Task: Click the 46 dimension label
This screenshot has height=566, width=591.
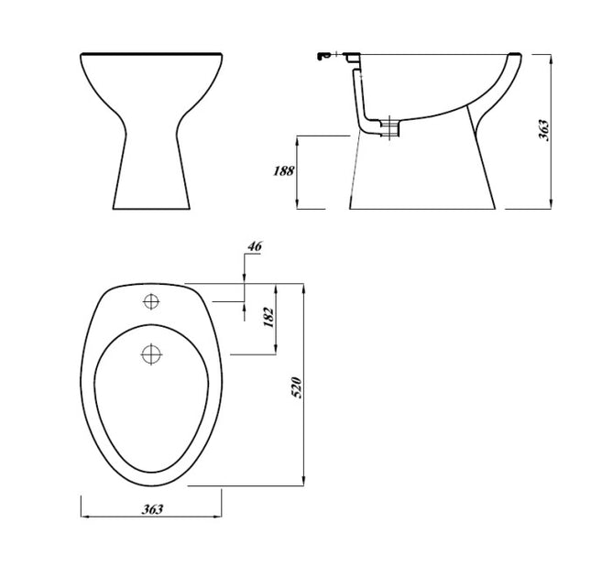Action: [x=255, y=247]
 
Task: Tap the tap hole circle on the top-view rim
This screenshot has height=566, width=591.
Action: [x=150, y=302]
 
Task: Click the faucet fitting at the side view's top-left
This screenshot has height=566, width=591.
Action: [x=321, y=57]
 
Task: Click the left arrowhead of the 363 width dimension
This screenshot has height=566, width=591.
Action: [x=84, y=517]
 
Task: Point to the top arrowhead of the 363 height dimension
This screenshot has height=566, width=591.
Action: [x=550, y=57]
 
